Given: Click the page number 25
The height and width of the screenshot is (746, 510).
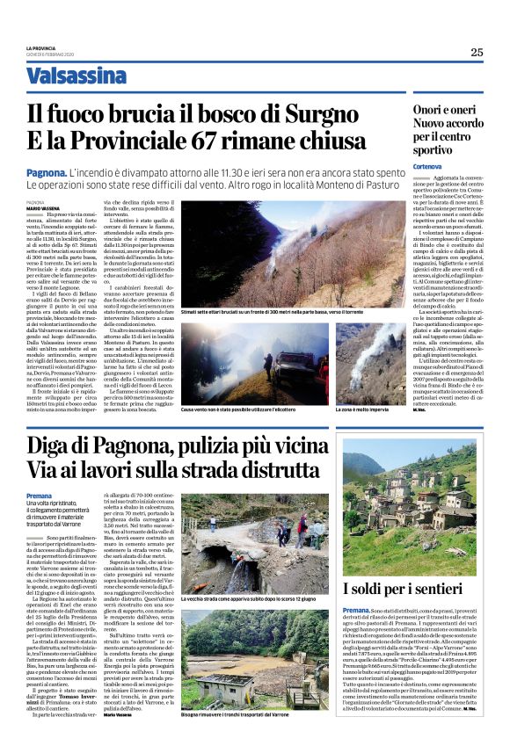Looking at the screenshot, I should (477, 52).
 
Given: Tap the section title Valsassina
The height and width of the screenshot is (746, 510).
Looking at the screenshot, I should (76, 76).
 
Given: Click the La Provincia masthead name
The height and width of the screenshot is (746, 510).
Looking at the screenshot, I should (40, 48).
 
